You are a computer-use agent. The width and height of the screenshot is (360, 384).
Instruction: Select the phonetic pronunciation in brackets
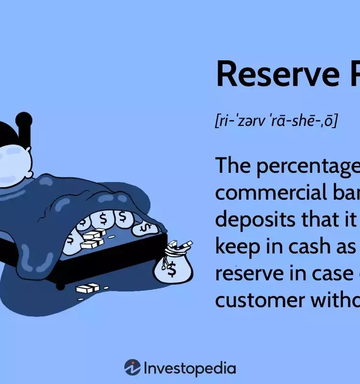point(276,120)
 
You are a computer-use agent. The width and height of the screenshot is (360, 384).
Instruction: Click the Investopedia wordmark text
point(190,369)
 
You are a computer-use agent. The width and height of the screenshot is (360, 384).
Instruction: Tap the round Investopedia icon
point(132,368)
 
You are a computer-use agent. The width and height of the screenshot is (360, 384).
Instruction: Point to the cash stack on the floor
point(87,288)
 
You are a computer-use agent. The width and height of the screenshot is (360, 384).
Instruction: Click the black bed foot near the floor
point(60,286)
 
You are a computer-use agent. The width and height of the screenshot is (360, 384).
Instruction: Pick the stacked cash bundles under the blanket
point(92,239)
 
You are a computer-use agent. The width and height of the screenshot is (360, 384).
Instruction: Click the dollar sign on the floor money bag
point(172,271)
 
